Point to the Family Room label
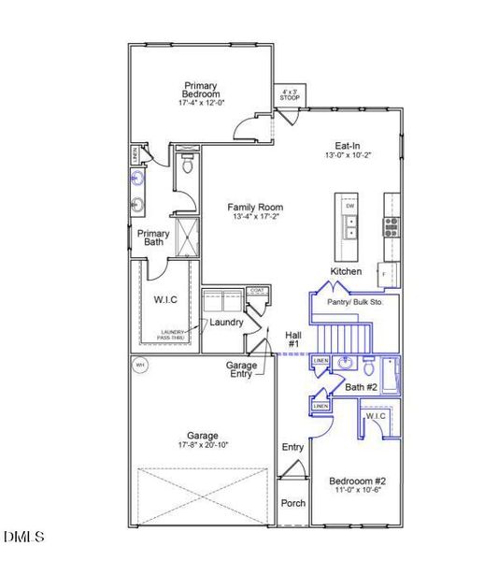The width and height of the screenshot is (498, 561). (x=257, y=211)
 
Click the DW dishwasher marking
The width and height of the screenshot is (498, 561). (x=349, y=205)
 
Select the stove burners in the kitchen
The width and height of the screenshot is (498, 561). (x=391, y=224)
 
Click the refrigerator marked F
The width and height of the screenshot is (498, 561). (x=391, y=273)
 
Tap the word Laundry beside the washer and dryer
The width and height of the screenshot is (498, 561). (x=226, y=323)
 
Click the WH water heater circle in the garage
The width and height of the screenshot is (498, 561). (x=140, y=365)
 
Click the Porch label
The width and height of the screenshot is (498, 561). (x=293, y=503)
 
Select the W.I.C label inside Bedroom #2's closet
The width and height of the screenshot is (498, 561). (x=376, y=416)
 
